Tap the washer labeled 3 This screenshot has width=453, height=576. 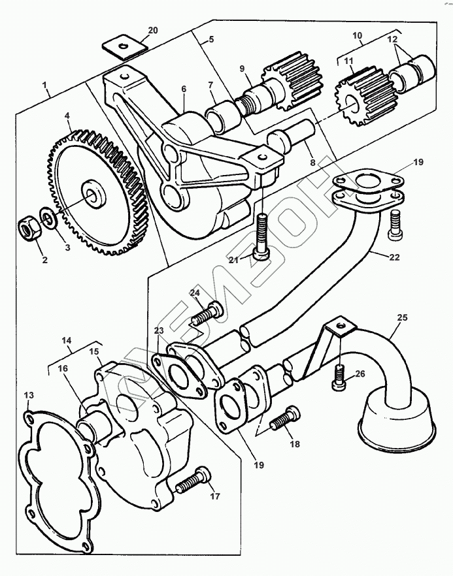[x=46, y=215]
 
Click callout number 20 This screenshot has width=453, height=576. [x=152, y=31]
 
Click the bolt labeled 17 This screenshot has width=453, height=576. [x=193, y=481]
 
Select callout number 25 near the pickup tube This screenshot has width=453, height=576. [x=402, y=317]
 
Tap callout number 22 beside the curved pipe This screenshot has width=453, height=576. [x=394, y=257]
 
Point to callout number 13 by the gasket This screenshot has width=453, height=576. [x=29, y=396]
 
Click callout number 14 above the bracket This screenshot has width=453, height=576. [x=67, y=341]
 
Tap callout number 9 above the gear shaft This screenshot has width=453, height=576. [x=242, y=68]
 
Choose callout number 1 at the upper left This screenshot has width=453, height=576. [x=44, y=85]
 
